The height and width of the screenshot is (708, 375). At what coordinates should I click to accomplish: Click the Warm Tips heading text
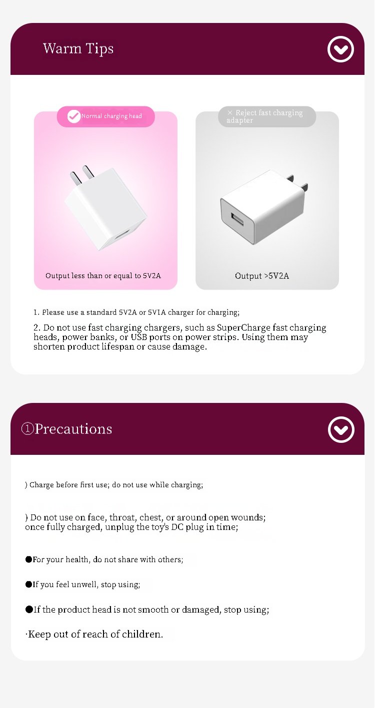click(78, 49)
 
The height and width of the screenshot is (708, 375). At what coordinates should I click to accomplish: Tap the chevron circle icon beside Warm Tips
click(340, 49)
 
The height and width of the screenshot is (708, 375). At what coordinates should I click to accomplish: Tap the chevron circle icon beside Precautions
click(341, 429)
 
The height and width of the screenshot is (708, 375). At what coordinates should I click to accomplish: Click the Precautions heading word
click(73, 429)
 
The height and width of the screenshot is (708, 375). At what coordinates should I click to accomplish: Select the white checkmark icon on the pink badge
click(73, 116)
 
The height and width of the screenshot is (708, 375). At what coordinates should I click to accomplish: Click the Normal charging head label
click(111, 116)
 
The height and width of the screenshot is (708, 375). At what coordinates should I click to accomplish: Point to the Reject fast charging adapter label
click(264, 116)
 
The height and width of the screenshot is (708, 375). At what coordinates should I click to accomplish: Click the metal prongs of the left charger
click(82, 174)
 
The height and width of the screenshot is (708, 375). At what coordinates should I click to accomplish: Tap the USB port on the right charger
click(237, 219)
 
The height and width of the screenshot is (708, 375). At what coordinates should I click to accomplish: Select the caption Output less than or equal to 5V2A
click(103, 276)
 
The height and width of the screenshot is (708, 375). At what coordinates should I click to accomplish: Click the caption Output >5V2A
click(262, 276)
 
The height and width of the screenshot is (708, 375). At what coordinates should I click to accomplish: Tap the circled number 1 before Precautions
click(27, 429)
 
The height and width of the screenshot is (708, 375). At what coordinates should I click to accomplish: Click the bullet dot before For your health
click(29, 559)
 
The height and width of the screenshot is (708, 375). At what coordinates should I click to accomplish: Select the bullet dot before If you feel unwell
click(29, 584)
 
